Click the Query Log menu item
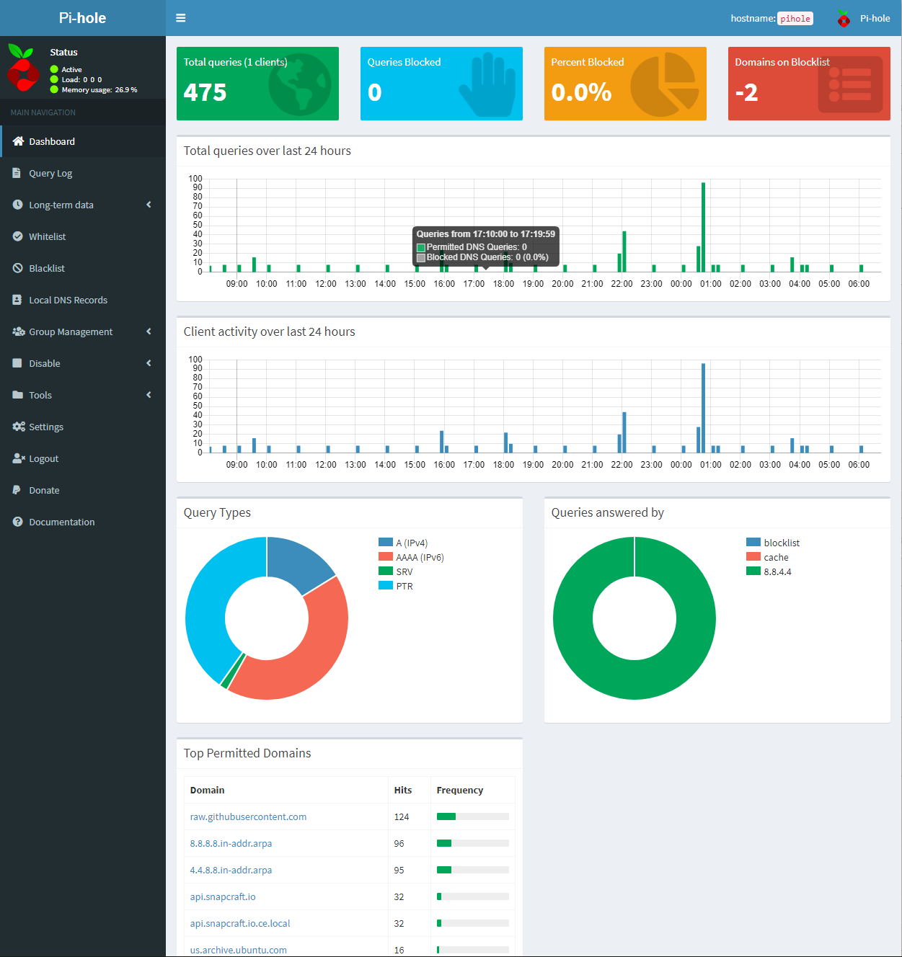click(x=50, y=173)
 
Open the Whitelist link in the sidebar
click(x=47, y=236)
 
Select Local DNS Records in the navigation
click(x=68, y=300)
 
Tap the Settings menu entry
click(x=46, y=427)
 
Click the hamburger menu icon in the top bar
click(x=181, y=18)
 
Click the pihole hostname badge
click(x=795, y=19)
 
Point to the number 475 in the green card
click(x=205, y=92)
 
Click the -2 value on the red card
click(x=746, y=92)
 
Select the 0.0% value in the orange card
click(x=581, y=92)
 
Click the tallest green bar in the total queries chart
click(x=703, y=227)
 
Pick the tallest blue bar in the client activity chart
click(x=703, y=408)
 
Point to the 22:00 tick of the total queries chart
click(x=622, y=284)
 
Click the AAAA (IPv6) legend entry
click(x=420, y=557)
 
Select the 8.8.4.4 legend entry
click(x=777, y=571)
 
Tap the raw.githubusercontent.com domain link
click(x=248, y=816)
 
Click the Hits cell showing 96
click(x=399, y=843)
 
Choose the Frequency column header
click(x=459, y=790)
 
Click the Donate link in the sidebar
click(x=44, y=490)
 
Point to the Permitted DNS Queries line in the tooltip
click(x=476, y=247)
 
